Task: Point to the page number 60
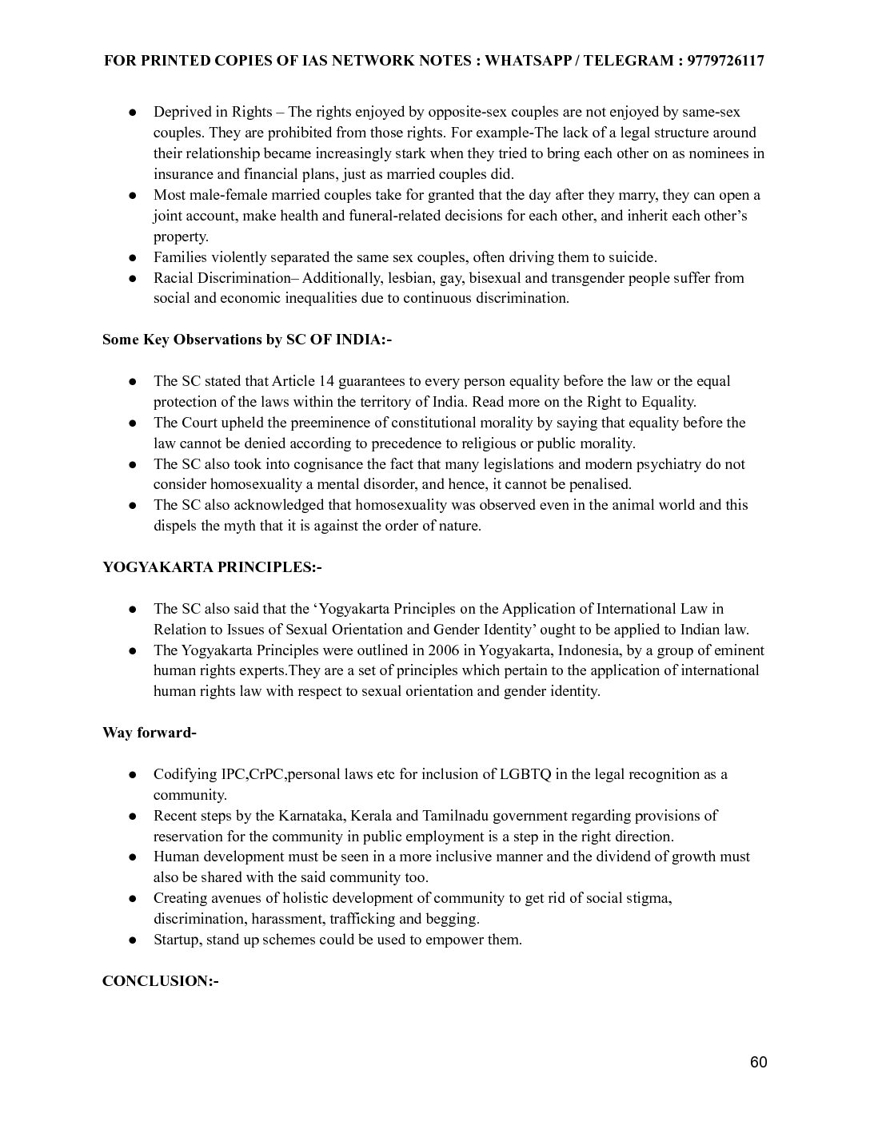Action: pyautogui.click(x=759, y=1062)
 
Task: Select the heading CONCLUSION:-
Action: pyautogui.click(x=160, y=980)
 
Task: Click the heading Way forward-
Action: pyautogui.click(x=149, y=732)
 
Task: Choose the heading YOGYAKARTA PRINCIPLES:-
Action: pyautogui.click(x=212, y=567)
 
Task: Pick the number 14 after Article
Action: pyautogui.click(x=326, y=381)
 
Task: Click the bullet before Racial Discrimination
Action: pyautogui.click(x=134, y=278)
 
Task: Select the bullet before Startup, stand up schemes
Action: pyautogui.click(x=134, y=940)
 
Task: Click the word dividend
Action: pyautogui.click(x=624, y=857)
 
